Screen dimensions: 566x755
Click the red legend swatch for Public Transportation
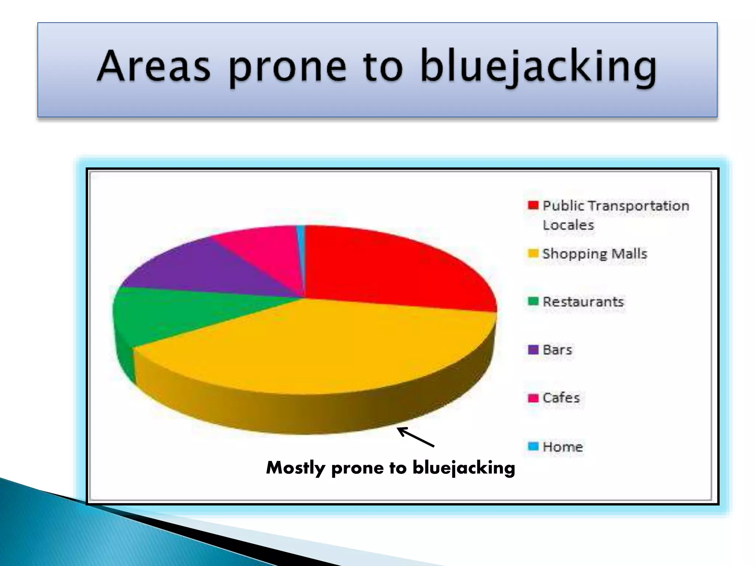pyautogui.click(x=533, y=205)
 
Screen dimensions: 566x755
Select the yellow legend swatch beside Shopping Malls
pyautogui.click(x=533, y=254)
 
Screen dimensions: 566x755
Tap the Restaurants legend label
pyautogui.click(x=583, y=302)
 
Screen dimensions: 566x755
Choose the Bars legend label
pyautogui.click(x=557, y=350)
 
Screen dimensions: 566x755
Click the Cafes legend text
pyautogui.click(x=561, y=398)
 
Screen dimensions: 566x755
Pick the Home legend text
pyautogui.click(x=563, y=447)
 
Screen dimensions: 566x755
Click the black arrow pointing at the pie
pyautogui.click(x=415, y=437)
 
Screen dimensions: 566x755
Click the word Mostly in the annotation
pyautogui.click(x=296, y=468)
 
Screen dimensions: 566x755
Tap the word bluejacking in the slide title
pyautogui.click(x=538, y=66)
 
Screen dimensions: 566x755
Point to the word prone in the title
pyautogui.click(x=288, y=68)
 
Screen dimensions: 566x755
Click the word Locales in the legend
pyautogui.click(x=568, y=225)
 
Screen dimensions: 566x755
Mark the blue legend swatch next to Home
pyautogui.click(x=533, y=446)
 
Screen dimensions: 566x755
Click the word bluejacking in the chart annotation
pyautogui.click(x=463, y=468)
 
